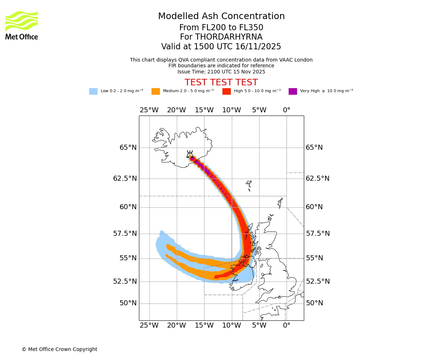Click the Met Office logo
(x=22, y=25)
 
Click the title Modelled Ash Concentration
(x=221, y=17)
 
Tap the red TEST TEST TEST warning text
(x=221, y=82)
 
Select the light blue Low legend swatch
(x=93, y=91)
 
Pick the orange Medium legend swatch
(x=156, y=91)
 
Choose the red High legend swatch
(x=226, y=91)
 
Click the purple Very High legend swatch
(x=293, y=91)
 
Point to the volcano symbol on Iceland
(x=190, y=154)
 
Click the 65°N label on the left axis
(x=128, y=148)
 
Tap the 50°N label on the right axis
(x=314, y=303)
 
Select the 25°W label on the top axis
(x=149, y=110)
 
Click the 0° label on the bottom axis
(x=287, y=326)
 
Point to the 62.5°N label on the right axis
(x=318, y=179)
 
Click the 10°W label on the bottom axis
(x=231, y=326)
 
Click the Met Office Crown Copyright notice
(x=59, y=349)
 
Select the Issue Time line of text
(x=221, y=72)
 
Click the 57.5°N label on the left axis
(x=125, y=234)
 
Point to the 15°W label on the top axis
(x=204, y=110)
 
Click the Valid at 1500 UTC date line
(x=221, y=47)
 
